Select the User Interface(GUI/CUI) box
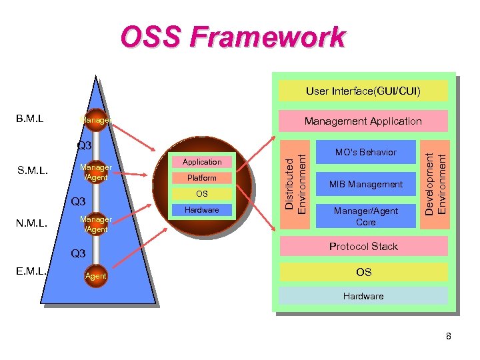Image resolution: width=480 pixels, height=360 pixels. tap(363, 91)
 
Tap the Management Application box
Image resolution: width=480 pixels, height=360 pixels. tap(363, 121)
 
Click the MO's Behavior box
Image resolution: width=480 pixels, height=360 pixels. tap(365, 152)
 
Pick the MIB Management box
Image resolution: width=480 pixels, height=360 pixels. tap(365, 184)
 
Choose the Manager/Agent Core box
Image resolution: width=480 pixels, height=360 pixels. tap(365, 216)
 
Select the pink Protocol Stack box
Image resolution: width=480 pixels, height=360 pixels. tap(363, 246)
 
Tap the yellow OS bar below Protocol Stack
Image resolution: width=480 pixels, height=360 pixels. tap(363, 272)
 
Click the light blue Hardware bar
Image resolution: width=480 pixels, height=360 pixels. tap(363, 295)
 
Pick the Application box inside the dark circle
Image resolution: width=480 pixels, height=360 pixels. tap(202, 162)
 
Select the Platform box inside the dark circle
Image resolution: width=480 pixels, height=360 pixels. tap(202, 178)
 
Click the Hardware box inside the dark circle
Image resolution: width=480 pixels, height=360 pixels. tap(202, 210)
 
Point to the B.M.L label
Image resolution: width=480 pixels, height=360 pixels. tap(30, 119)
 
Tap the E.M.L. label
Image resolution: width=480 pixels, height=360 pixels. tap(32, 271)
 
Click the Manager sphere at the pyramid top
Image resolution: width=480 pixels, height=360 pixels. tap(95, 120)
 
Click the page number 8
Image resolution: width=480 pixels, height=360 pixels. tap(448, 336)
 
